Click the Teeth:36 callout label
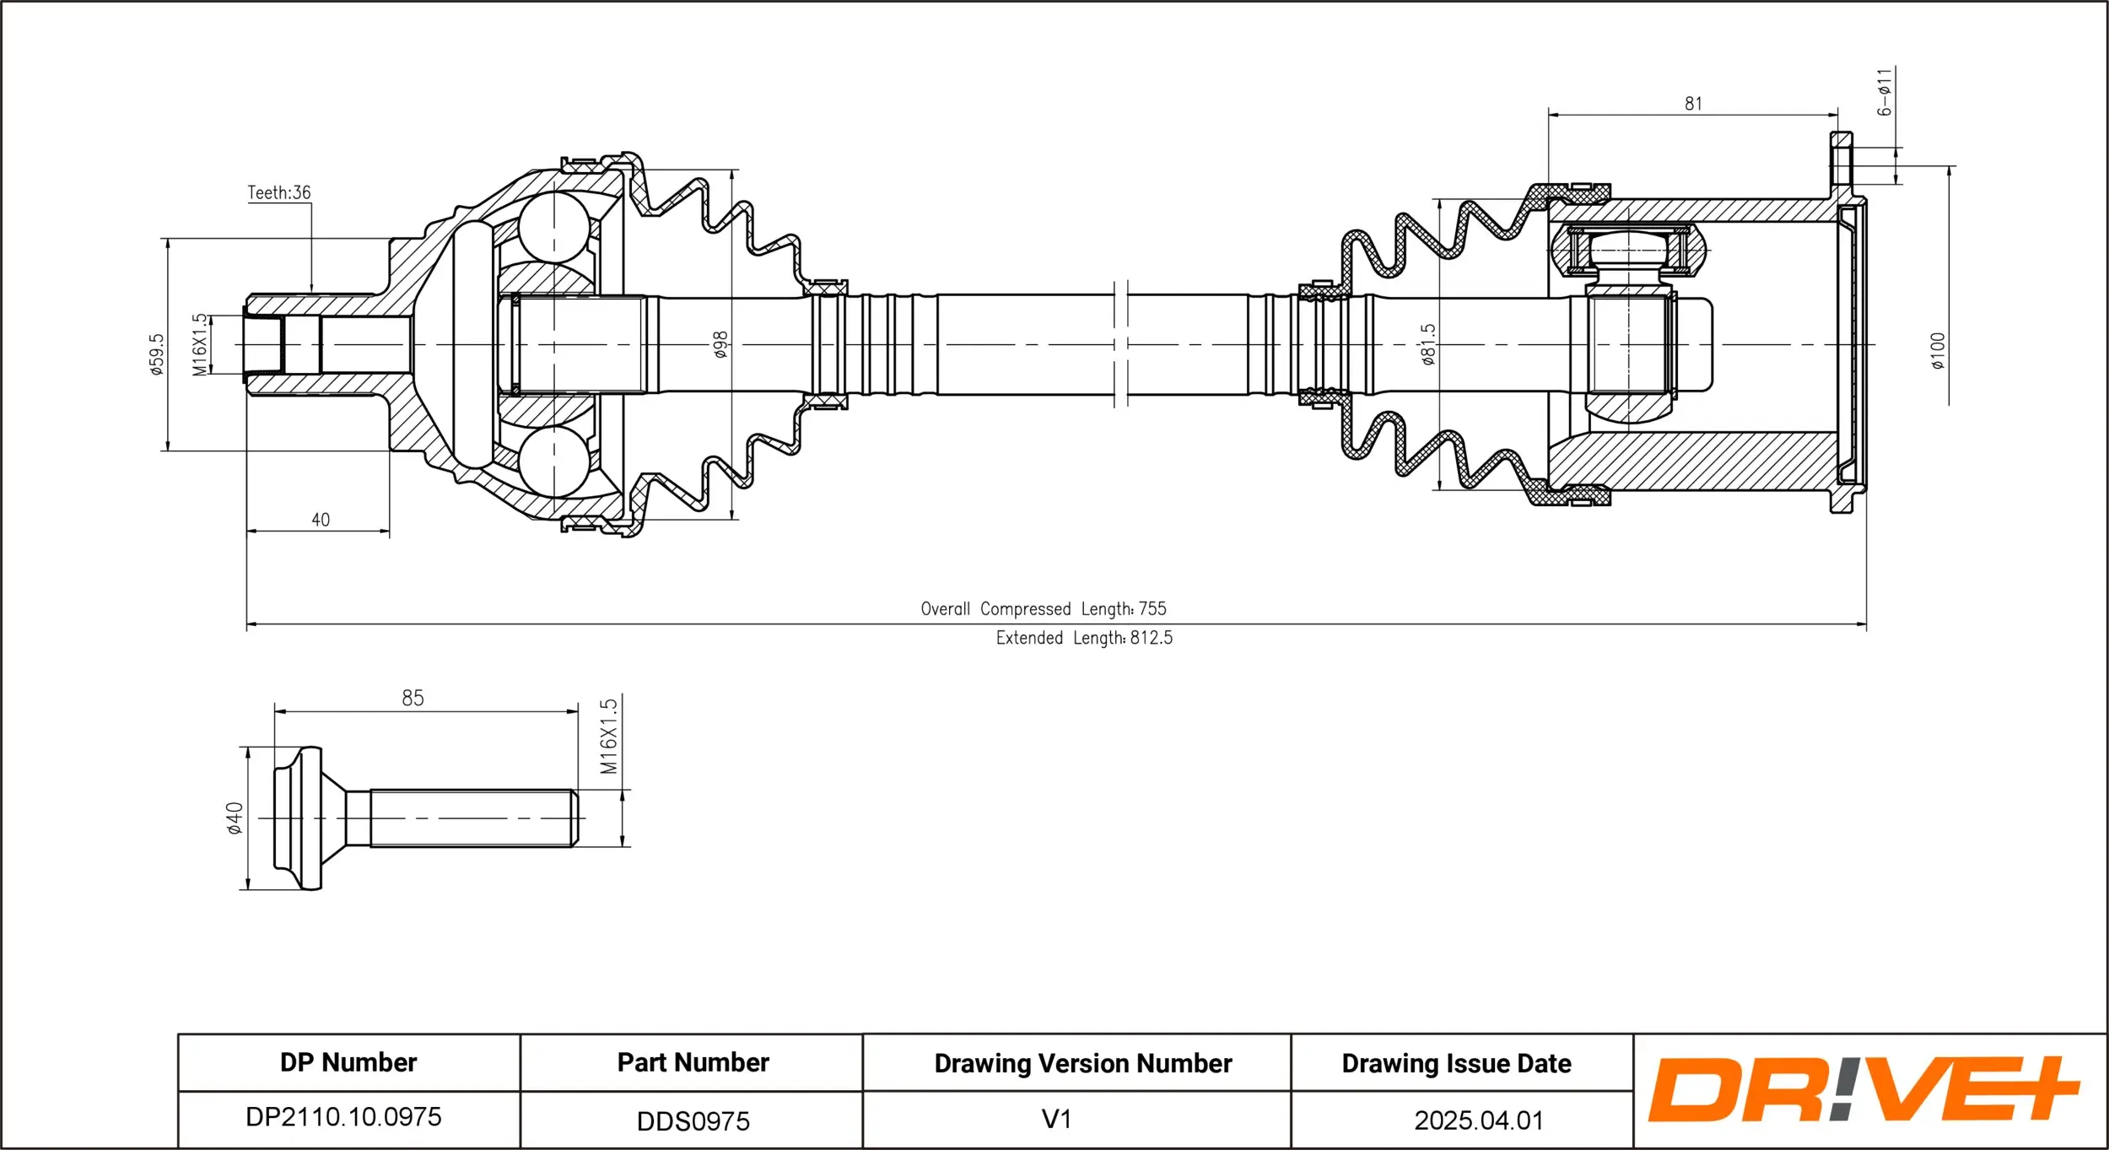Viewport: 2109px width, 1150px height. pos(278,192)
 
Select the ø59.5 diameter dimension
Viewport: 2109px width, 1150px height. pos(157,354)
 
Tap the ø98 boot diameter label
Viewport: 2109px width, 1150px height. pos(720,344)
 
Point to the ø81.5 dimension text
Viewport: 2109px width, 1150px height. pos(1427,344)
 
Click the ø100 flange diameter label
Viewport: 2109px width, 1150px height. pos(1938,350)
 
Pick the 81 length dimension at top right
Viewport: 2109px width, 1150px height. pos(1693,104)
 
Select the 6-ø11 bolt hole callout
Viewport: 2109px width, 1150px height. pos(1885,92)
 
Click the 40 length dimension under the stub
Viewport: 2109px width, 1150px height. pos(321,520)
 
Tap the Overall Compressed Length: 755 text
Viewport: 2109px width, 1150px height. pos(1044,608)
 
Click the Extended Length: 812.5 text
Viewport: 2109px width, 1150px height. pos(1084,638)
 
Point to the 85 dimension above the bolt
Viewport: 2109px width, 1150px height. pos(413,698)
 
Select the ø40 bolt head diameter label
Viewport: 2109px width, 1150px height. pos(235,818)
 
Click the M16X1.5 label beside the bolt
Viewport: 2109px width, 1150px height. pos(608,736)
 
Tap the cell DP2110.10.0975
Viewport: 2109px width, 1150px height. pos(343,1117)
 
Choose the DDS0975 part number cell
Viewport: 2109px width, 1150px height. pos(693,1121)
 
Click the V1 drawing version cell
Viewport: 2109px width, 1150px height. pos(1056,1119)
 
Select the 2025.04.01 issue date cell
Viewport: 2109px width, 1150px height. pos(1479,1120)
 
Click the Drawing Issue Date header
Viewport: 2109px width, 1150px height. pos(1456,1063)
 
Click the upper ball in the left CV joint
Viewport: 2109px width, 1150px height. pos(554,226)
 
